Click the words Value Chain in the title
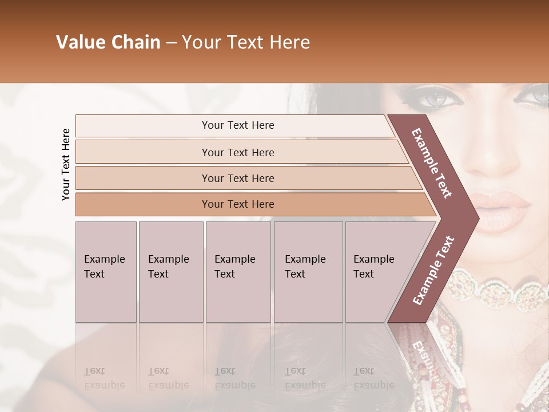click(108, 42)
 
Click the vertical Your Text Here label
click(66, 164)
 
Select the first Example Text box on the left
click(106, 272)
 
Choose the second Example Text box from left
click(171, 272)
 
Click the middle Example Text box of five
click(238, 272)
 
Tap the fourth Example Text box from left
click(308, 272)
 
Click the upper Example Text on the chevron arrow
click(432, 163)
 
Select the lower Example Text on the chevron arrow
click(433, 270)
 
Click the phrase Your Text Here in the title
click(246, 42)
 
